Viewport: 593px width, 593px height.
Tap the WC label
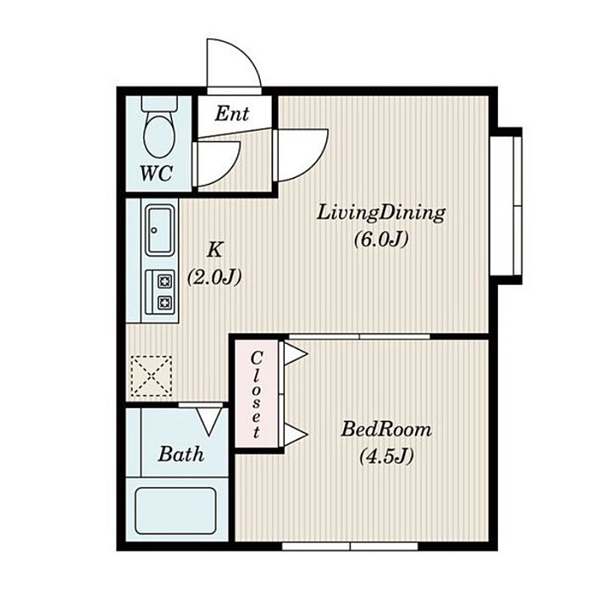157,174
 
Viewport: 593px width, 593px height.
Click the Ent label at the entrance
232,113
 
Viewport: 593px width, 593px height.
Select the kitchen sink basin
160,230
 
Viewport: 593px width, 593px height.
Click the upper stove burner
165,281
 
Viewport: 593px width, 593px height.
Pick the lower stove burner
165,302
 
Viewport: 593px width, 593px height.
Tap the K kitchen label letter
215,250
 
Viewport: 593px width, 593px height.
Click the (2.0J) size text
214,277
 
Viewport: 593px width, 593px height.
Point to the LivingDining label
381,213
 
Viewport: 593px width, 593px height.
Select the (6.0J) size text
381,240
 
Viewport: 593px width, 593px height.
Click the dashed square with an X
152,376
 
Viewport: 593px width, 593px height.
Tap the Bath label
181,454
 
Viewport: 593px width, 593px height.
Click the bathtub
176,511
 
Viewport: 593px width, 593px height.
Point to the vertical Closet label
257,395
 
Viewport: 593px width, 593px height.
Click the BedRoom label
386,430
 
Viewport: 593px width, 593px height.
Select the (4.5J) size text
386,456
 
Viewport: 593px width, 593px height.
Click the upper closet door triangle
296,354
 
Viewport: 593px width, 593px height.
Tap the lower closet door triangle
296,434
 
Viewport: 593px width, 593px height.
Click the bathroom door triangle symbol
209,421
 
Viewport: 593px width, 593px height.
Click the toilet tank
159,103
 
